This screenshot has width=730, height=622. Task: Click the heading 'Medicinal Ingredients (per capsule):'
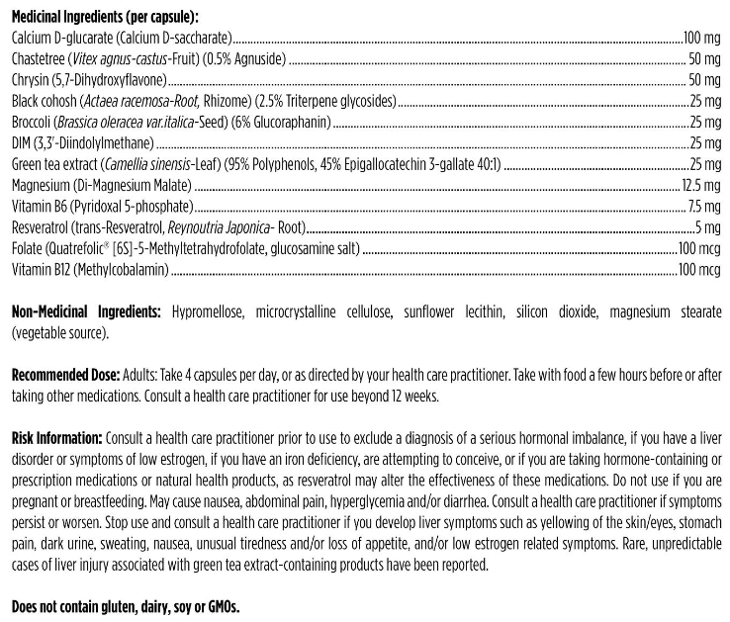(104, 18)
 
